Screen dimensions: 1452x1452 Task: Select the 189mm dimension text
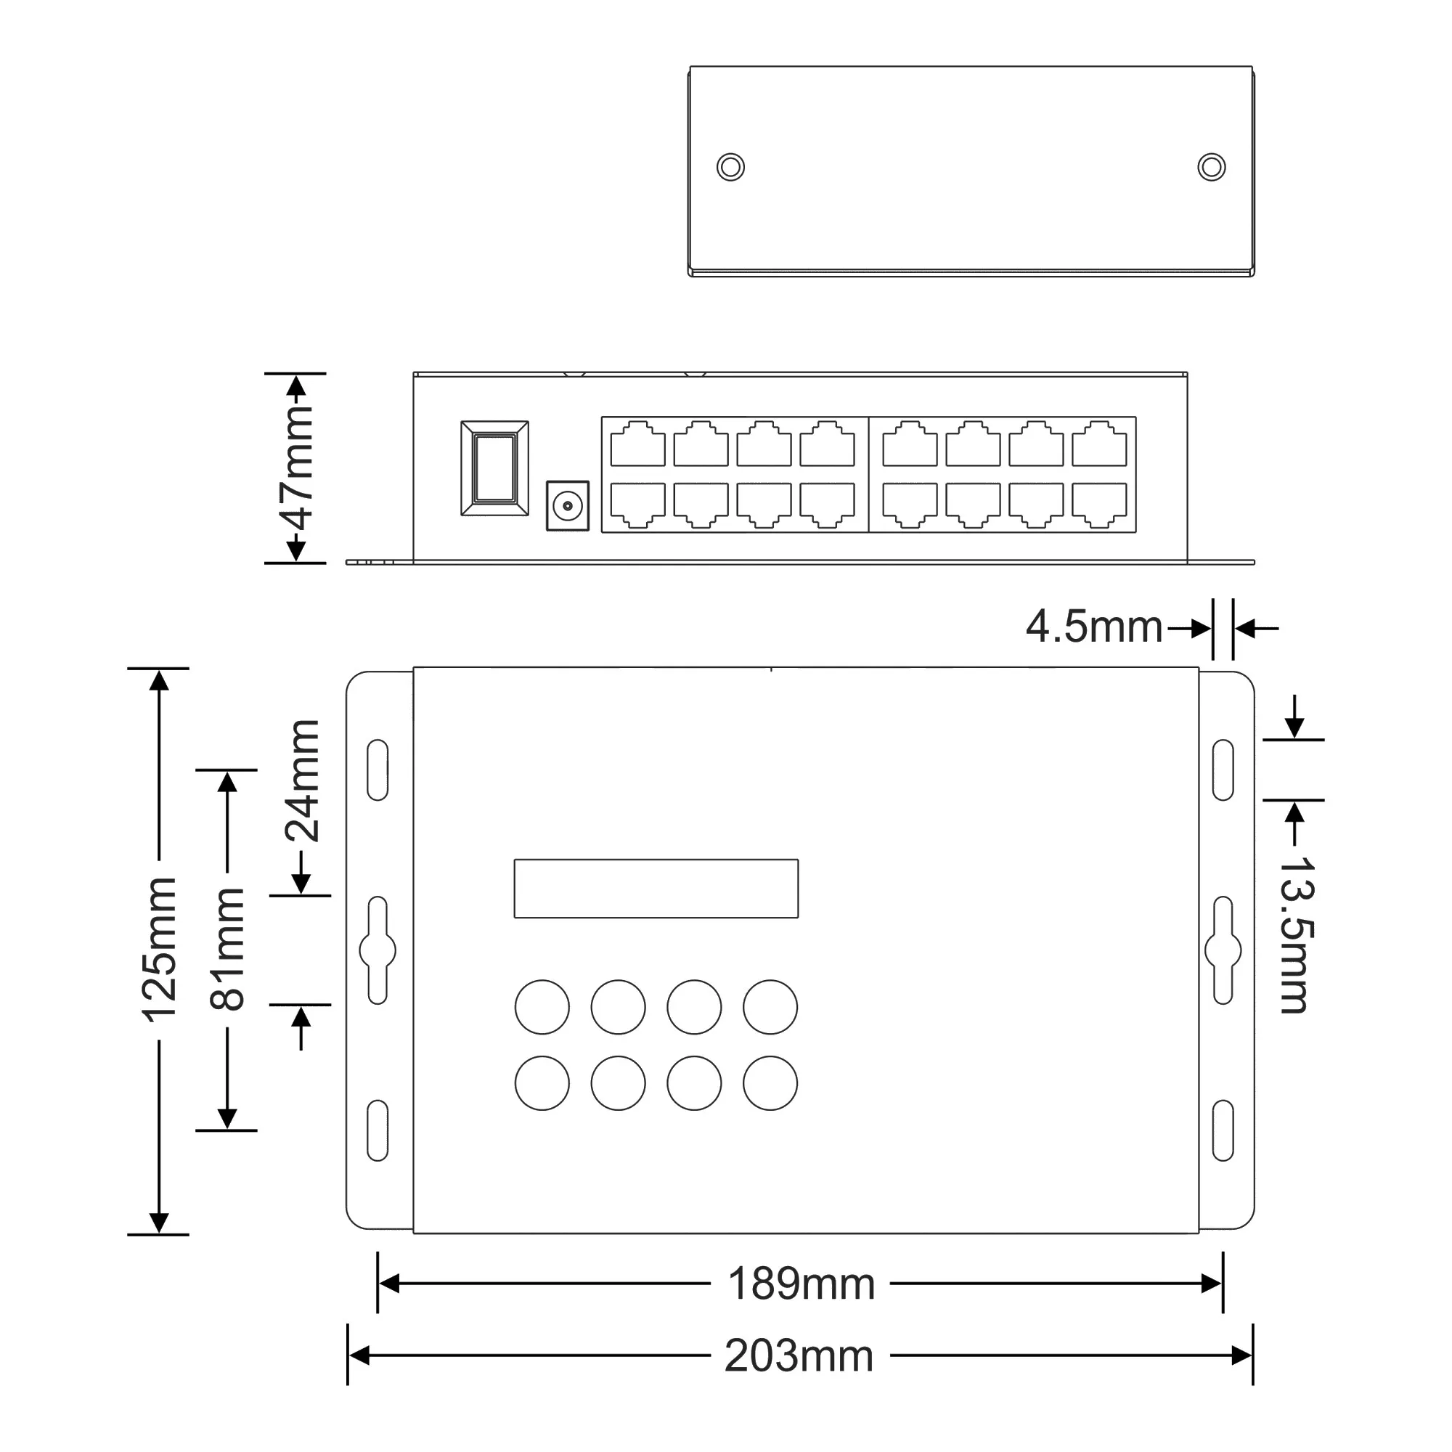coord(802,1284)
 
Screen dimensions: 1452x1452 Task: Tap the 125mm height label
coord(159,949)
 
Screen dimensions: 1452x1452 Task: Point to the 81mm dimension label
coord(227,949)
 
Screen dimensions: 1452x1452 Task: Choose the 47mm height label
coord(296,468)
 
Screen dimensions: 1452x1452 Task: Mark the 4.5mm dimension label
coord(1093,627)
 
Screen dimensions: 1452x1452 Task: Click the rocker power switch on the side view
coord(494,468)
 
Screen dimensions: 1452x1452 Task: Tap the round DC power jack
coord(568,507)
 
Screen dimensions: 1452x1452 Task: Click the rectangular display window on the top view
coord(656,889)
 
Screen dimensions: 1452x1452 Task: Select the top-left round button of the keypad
coord(542,1007)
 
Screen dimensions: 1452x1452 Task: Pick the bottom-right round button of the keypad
coord(770,1083)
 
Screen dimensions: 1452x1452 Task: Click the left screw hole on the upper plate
coord(730,167)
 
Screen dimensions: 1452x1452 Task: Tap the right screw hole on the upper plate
coord(1211,167)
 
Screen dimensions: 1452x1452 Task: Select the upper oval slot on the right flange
coord(1223,770)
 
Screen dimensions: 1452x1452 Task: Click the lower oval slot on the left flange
coord(378,1130)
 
